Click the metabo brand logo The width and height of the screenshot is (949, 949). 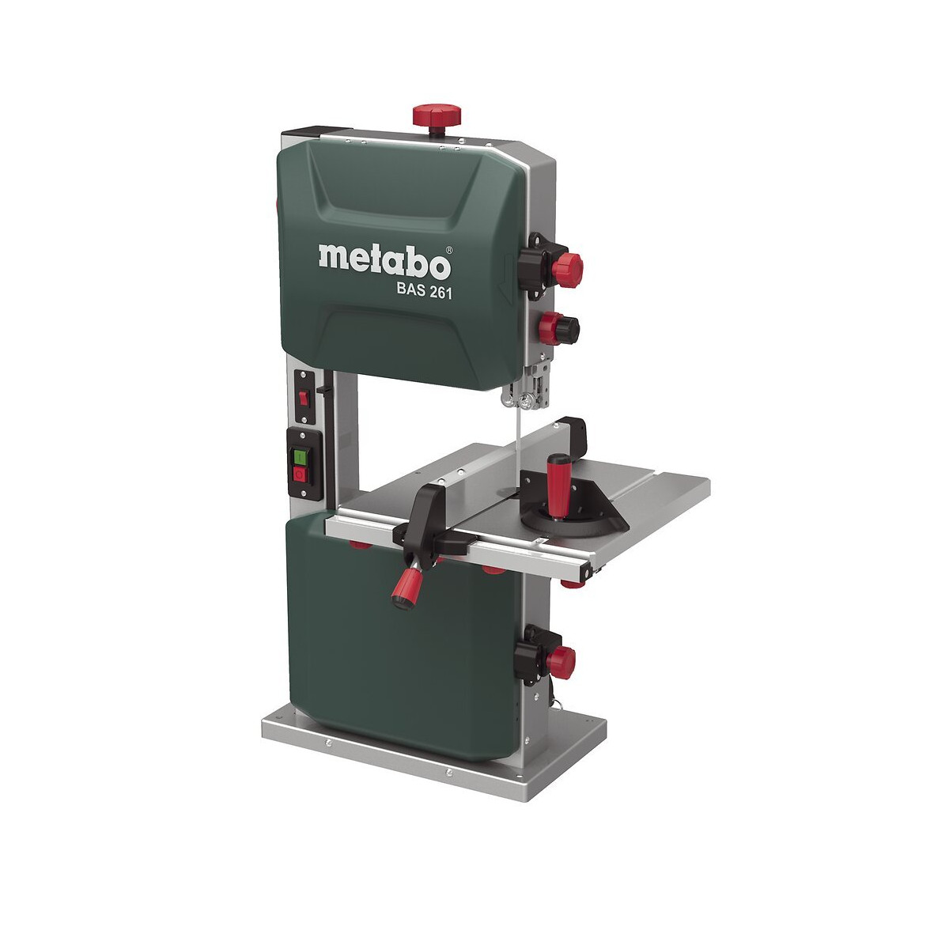[x=384, y=262]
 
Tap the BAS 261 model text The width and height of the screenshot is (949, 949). [x=424, y=292]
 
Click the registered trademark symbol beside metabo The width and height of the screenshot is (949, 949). [x=448, y=250]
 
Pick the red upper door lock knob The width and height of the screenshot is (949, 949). [x=567, y=270]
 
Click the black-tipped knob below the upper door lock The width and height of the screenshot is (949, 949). [x=559, y=327]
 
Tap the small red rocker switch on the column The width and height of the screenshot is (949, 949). [x=304, y=398]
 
